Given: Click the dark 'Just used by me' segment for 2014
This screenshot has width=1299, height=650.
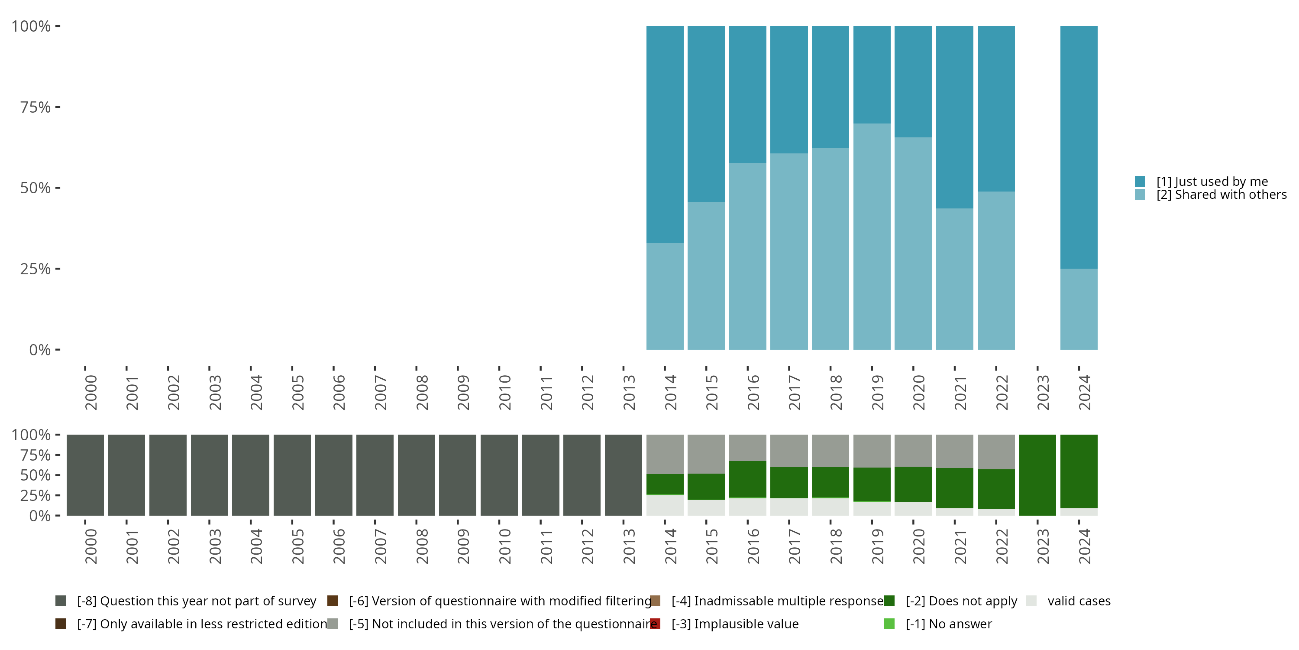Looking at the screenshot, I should click(x=665, y=134).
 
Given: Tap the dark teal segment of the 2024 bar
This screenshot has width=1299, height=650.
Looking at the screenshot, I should click(x=1079, y=147).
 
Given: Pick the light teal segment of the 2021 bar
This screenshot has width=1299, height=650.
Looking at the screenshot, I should click(x=955, y=279).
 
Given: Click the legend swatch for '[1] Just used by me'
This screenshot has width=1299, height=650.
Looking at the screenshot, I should click(x=1140, y=181).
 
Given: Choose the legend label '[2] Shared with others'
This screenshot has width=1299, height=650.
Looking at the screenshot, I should click(x=1221, y=195).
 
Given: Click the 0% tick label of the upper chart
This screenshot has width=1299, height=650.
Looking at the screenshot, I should click(x=40, y=350).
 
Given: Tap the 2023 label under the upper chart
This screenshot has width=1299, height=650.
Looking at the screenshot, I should click(x=1043, y=392).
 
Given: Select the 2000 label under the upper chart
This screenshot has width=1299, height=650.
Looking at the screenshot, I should click(x=91, y=392).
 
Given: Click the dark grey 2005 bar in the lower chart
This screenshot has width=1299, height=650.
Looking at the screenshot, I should click(x=292, y=475).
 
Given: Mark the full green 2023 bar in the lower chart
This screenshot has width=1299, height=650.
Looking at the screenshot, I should click(x=1037, y=475).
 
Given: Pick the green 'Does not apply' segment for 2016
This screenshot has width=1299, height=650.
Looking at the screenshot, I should click(x=747, y=479).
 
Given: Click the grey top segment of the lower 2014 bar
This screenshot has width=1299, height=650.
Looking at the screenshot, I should click(x=665, y=454).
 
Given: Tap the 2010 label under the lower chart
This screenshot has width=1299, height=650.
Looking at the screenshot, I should click(x=505, y=546).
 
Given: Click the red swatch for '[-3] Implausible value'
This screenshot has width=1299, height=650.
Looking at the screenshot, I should click(x=656, y=624).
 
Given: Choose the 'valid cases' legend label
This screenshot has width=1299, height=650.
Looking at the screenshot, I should click(x=1079, y=601).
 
